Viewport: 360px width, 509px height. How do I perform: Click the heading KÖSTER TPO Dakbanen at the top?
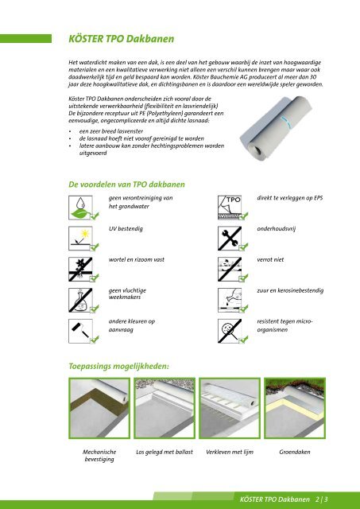122,39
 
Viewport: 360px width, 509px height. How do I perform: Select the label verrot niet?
270,259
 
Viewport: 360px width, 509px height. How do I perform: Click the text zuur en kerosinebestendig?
290,290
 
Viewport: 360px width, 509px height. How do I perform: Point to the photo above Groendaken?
295,408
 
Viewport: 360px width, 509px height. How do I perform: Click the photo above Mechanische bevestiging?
99,408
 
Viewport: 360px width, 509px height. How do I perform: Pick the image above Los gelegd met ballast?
165,408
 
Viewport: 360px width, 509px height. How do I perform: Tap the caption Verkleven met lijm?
230,452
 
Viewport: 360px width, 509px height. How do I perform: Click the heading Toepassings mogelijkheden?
119,367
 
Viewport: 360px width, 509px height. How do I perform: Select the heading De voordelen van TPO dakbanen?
126,185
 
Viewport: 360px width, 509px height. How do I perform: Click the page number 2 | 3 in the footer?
321,499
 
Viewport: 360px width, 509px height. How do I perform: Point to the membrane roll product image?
276,128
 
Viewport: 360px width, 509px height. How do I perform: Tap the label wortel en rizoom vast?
137,259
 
